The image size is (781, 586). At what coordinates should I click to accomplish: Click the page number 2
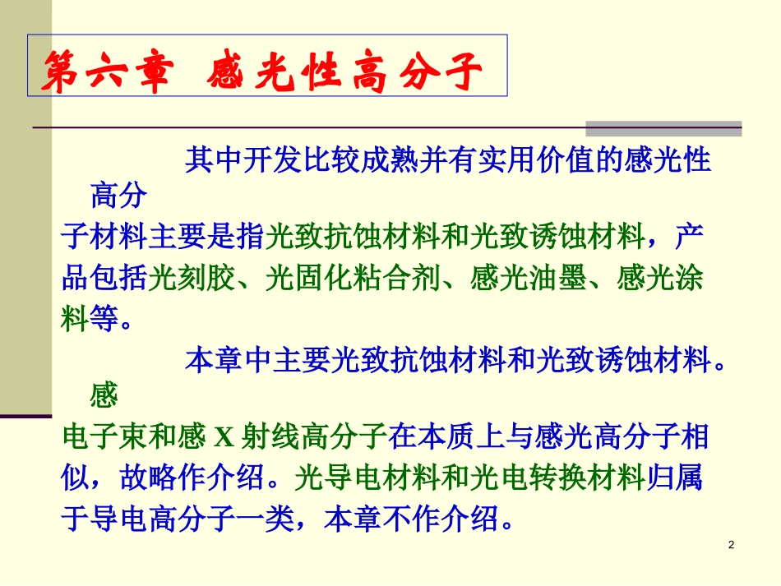coord(732,547)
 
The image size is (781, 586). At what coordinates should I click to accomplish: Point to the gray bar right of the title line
coord(663,128)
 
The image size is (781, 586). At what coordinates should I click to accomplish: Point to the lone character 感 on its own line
coord(104,399)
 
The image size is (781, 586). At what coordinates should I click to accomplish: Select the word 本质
coord(450,438)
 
